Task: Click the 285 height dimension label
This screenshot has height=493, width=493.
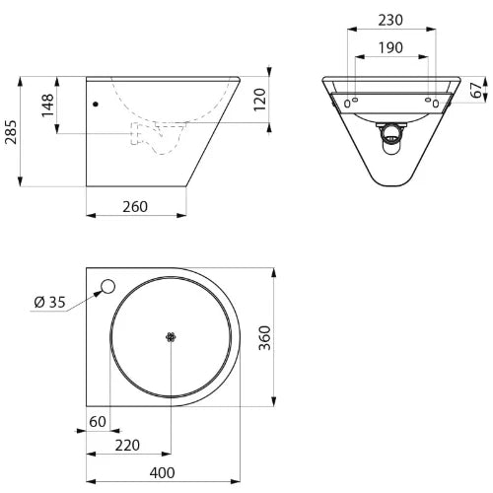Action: coord(11,132)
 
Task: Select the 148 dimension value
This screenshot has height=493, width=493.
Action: coord(48,105)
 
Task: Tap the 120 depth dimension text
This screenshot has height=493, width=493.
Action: coord(260,100)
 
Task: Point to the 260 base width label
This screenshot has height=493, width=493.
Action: coord(135,207)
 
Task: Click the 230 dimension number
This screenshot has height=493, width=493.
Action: coord(390,21)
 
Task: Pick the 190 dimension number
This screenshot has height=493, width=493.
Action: coord(390,48)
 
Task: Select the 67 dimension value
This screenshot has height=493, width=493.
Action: coord(476,90)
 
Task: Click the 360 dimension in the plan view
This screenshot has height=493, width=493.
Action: coord(264,338)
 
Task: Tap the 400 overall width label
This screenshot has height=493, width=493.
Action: coord(163,473)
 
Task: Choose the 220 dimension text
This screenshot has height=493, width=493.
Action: coord(127,446)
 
